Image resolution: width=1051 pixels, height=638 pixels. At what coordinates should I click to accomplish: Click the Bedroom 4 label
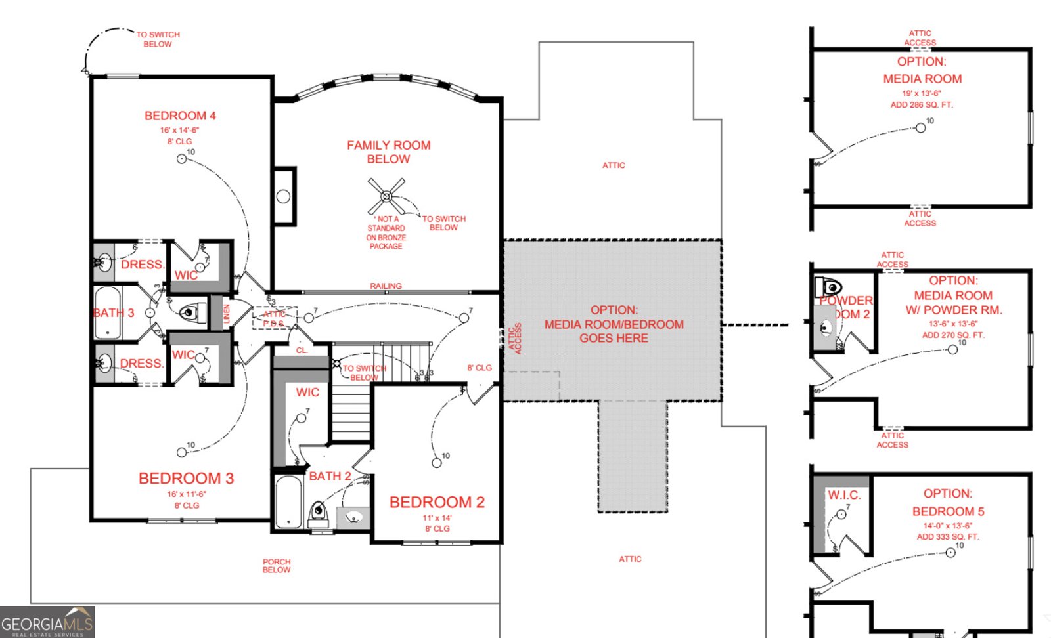(x=180, y=116)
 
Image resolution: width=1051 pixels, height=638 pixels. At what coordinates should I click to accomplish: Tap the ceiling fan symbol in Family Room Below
(x=386, y=196)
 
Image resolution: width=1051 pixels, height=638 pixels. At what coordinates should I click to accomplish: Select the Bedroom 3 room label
(x=186, y=478)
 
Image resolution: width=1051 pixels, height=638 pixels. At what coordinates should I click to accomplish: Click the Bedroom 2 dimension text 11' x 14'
(x=437, y=518)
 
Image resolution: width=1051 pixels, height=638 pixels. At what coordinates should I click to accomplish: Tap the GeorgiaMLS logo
(x=47, y=623)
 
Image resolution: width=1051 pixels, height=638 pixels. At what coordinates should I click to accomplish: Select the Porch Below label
(x=277, y=566)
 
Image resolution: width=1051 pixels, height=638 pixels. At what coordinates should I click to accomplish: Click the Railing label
(x=386, y=286)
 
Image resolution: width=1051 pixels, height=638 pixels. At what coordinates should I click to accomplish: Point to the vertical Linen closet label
(x=227, y=314)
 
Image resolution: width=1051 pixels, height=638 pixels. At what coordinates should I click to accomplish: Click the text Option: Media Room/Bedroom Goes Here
(x=614, y=324)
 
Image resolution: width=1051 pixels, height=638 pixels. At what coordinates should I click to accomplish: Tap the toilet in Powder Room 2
(x=829, y=287)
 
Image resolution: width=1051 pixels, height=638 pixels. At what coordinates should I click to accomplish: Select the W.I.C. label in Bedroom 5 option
(x=843, y=495)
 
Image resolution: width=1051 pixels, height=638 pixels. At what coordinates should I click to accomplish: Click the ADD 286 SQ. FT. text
(x=922, y=105)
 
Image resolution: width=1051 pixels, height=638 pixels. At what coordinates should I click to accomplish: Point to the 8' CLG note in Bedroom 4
(x=179, y=142)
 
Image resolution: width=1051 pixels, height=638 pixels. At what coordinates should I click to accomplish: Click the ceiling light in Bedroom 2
(x=436, y=463)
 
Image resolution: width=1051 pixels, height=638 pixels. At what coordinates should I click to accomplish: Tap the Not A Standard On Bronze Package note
(x=386, y=233)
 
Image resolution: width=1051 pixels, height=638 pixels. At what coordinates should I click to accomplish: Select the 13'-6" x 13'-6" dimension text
(x=952, y=324)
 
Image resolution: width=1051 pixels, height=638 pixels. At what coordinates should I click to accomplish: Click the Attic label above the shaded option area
(x=614, y=165)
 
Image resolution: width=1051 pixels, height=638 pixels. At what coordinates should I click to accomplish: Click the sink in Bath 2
(x=353, y=518)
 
